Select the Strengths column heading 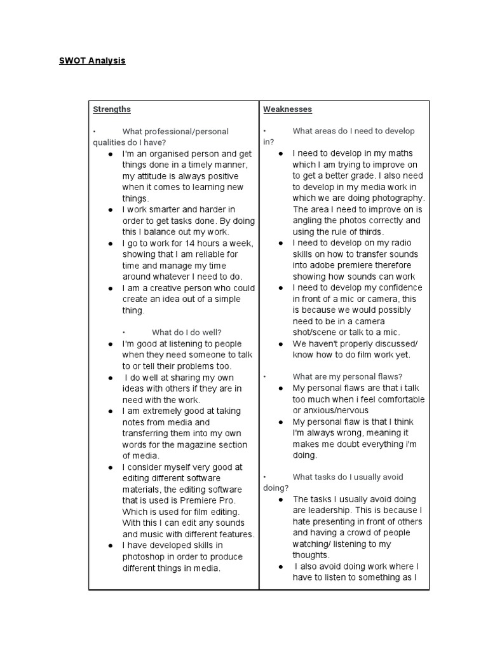[x=112, y=109]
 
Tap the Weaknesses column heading [x=287, y=109]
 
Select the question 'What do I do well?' [x=186, y=332]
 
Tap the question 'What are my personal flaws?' [x=347, y=376]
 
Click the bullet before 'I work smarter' [x=111, y=209]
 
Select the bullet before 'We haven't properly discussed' [x=281, y=344]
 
